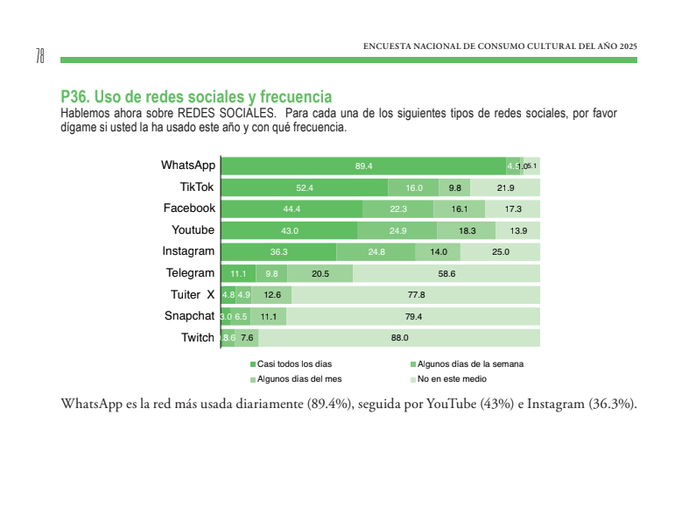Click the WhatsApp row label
tap(187, 165)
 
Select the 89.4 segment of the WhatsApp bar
tap(363, 166)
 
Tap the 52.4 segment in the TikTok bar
tap(305, 187)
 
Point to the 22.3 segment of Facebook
tap(398, 208)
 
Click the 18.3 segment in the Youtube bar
tap(467, 230)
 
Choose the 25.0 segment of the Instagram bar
tap(500, 252)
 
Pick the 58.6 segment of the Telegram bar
tap(446, 273)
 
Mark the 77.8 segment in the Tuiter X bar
tap(416, 295)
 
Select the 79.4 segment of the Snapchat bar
tap(413, 316)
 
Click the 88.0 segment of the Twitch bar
tap(399, 338)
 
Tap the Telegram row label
tap(190, 273)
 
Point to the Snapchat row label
tap(189, 316)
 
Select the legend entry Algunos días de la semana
tap(469, 363)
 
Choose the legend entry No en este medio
tap(451, 379)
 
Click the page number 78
tap(40, 57)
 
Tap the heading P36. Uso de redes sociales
tap(196, 96)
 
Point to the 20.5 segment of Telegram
tap(320, 273)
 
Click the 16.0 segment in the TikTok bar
tap(414, 187)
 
